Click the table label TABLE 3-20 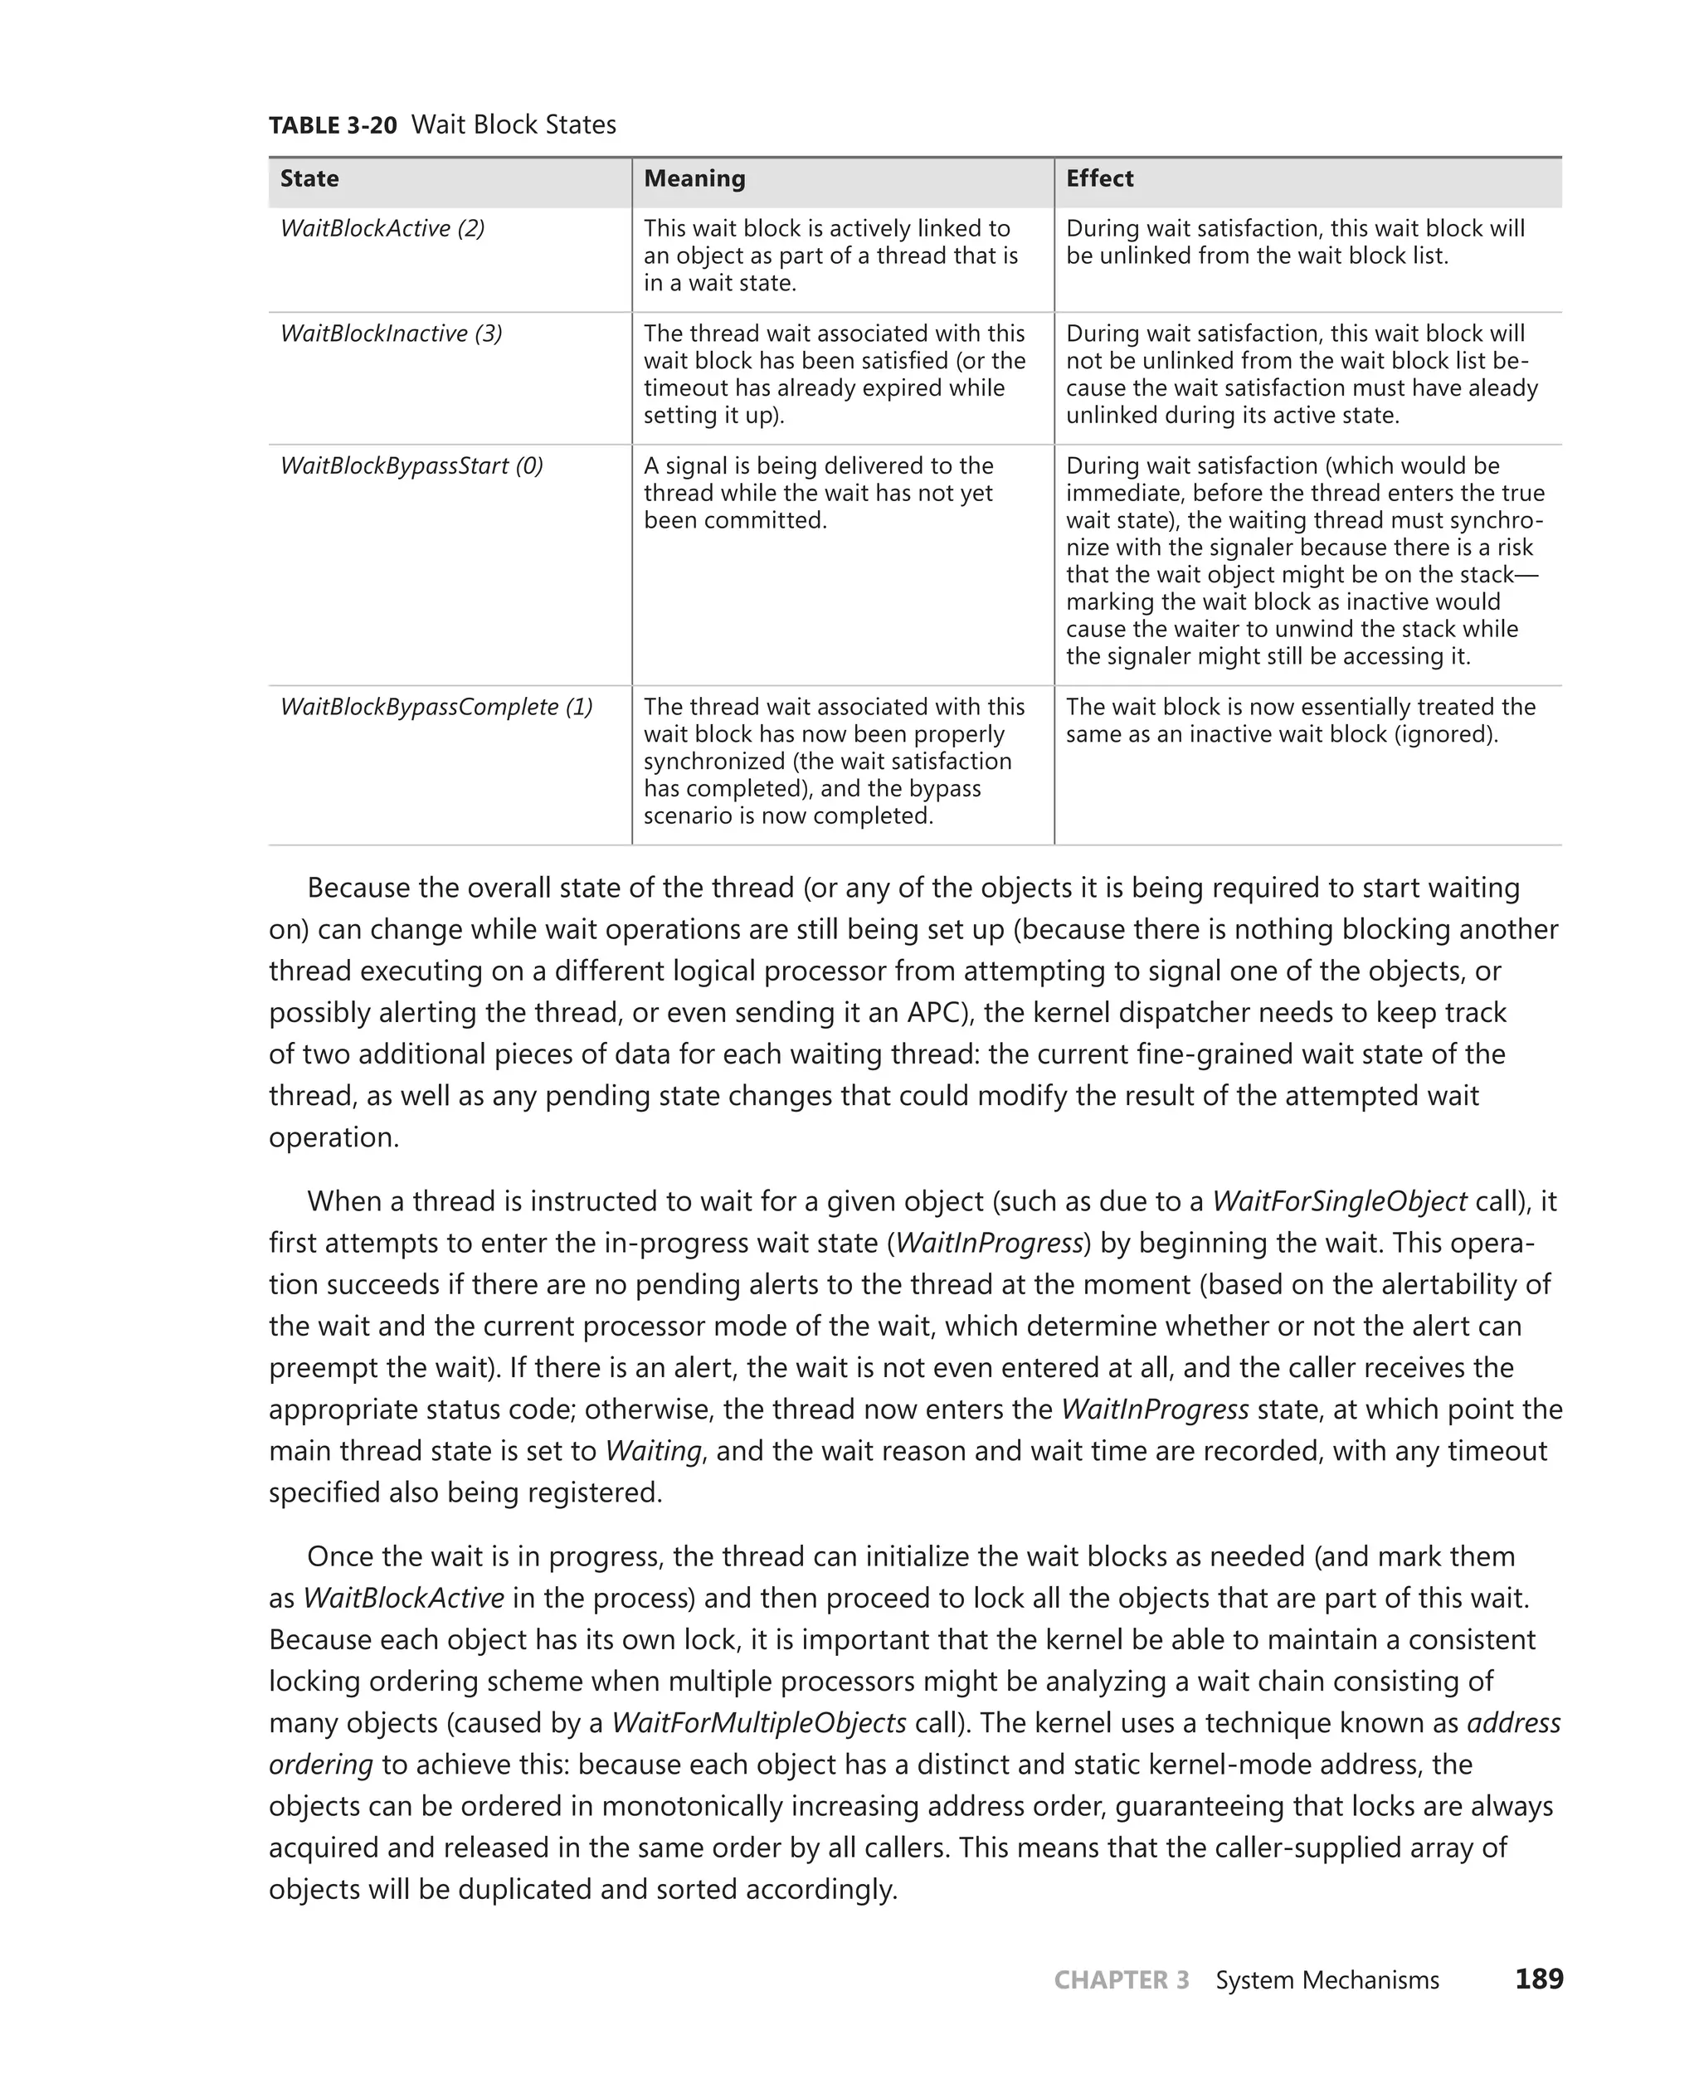(x=333, y=125)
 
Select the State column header (x=309, y=178)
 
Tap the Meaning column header (x=694, y=178)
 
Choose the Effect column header (x=1099, y=178)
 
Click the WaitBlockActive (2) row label (x=382, y=228)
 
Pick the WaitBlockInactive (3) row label (x=391, y=333)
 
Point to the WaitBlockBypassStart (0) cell (x=411, y=466)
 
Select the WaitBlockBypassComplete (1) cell (x=436, y=707)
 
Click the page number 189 (x=1539, y=1979)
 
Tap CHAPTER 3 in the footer (x=1121, y=1980)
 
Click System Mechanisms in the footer (x=1327, y=1980)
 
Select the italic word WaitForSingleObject (x=1339, y=1201)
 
